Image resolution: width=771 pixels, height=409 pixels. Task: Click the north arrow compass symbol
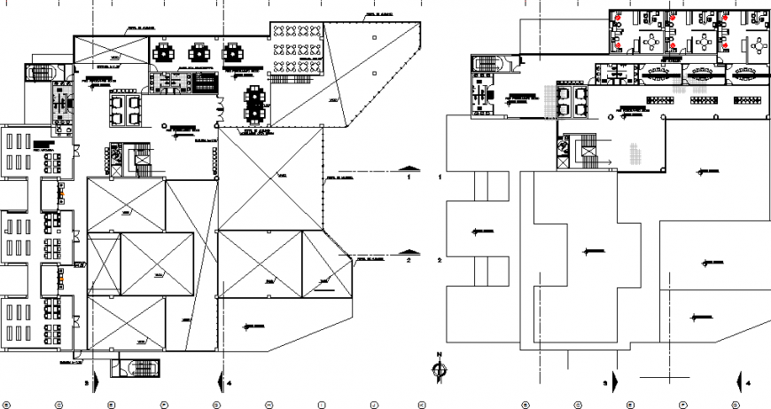click(439, 369)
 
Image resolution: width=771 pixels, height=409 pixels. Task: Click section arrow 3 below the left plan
click(94, 382)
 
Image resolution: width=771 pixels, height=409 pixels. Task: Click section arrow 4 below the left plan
click(219, 382)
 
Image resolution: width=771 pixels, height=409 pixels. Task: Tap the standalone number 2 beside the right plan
click(440, 261)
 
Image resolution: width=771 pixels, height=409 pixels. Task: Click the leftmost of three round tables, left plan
click(164, 52)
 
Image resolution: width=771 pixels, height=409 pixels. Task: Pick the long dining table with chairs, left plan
click(252, 100)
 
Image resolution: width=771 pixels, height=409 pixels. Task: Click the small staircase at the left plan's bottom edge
click(138, 366)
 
